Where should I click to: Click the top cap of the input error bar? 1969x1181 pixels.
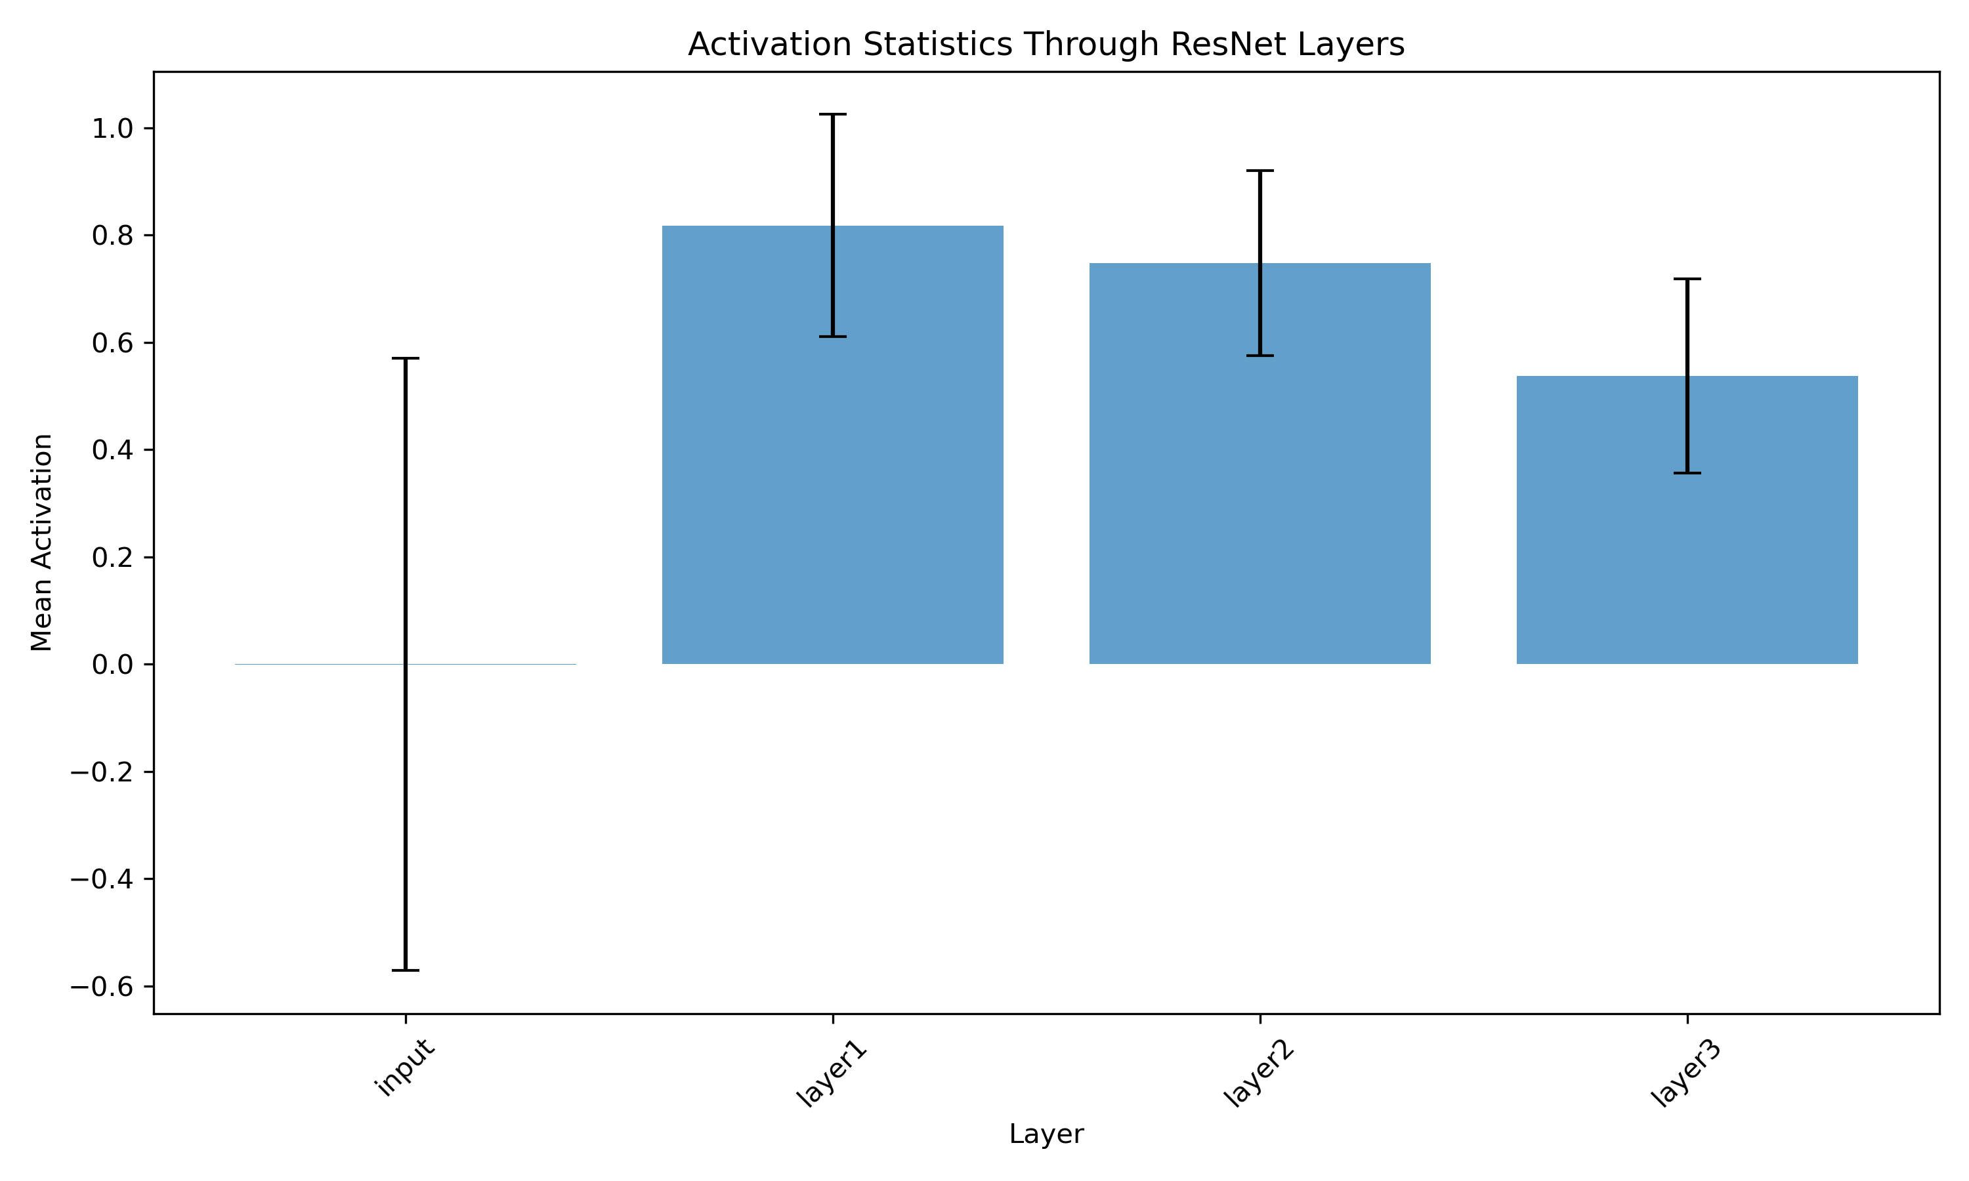(405, 359)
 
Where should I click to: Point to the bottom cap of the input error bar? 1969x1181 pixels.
(405, 970)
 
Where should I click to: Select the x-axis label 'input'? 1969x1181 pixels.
(405, 1066)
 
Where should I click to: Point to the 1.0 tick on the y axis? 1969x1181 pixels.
(112, 129)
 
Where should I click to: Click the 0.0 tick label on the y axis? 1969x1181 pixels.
(112, 665)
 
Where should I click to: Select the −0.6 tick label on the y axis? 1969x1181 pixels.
(102, 987)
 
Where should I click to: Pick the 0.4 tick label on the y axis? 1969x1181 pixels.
(112, 451)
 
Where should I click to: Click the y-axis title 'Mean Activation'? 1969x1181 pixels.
(41, 543)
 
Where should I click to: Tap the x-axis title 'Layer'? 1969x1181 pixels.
(1046, 1134)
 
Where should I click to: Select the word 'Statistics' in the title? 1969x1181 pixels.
(937, 45)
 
